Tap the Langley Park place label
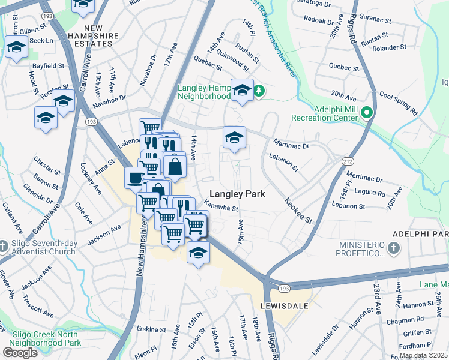237,194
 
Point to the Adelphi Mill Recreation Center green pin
365,112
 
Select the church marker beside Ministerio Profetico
393,248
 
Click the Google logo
20,353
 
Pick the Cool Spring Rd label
398,103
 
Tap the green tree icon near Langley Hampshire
259,91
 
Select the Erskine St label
151,329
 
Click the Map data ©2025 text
424,355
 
